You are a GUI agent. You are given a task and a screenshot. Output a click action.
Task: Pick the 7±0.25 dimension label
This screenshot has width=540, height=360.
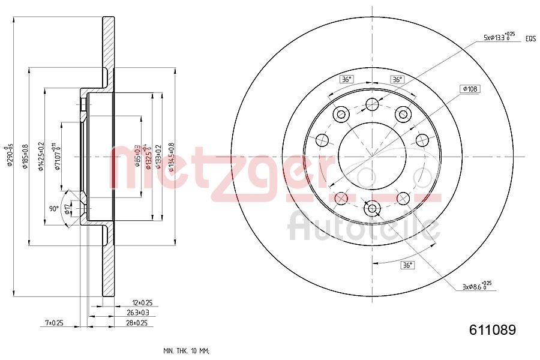pos(55,323)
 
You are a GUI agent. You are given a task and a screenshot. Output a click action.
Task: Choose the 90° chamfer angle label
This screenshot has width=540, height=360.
pos(54,208)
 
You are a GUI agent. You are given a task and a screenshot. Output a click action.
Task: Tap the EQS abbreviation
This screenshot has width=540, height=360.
pos(530,38)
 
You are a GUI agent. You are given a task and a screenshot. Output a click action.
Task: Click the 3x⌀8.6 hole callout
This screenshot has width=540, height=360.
pos(477,286)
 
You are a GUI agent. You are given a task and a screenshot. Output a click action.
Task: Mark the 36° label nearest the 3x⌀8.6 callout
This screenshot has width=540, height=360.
pos(407,265)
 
